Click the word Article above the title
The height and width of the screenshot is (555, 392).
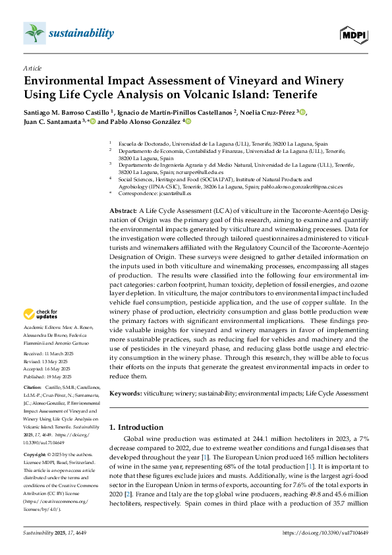click(x=32, y=68)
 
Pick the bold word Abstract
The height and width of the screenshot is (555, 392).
click(x=122, y=210)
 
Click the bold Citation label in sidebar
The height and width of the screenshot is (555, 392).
click(x=33, y=386)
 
